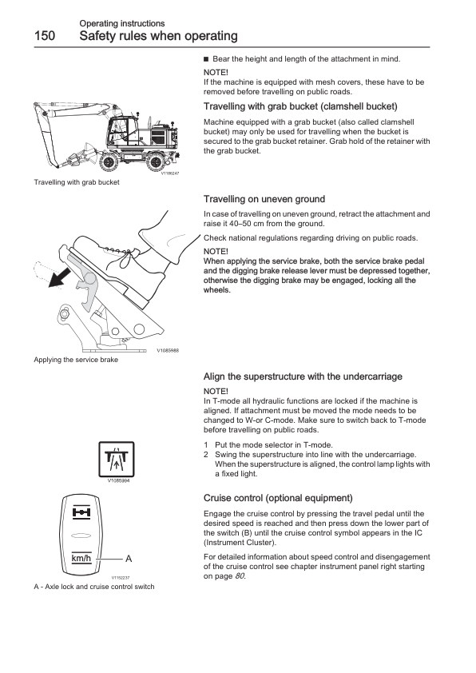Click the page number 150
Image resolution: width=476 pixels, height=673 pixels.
[45, 36]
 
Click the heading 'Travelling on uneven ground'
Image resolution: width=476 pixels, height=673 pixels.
[264, 199]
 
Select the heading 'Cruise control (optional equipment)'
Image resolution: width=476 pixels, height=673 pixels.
[278, 498]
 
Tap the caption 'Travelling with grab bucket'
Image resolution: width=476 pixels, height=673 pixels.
[77, 182]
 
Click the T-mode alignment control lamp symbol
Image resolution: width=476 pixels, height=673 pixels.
[117, 460]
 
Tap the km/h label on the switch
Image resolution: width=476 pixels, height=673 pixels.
[81, 559]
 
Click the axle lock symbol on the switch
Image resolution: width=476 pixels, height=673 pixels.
[81, 512]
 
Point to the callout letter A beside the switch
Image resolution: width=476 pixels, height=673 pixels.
[129, 559]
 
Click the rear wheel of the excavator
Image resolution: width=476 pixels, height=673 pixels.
[155, 161]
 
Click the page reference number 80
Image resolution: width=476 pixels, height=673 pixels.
[240, 576]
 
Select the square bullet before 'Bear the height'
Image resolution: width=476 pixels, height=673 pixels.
[206, 59]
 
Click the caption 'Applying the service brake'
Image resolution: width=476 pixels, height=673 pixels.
[76, 360]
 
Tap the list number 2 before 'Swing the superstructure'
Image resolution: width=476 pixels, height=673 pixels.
[206, 455]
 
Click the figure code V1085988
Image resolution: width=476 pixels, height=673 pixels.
[168, 351]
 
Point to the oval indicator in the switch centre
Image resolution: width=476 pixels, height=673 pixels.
[81, 536]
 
